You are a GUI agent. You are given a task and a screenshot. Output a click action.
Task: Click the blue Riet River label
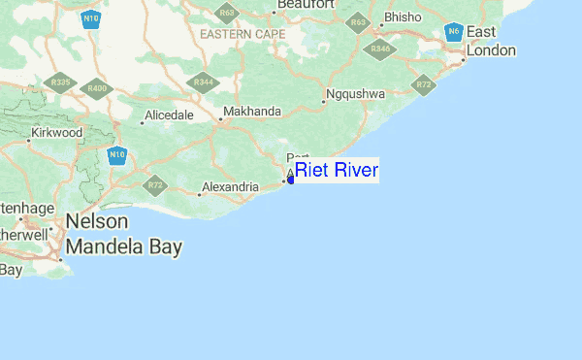(x=336, y=171)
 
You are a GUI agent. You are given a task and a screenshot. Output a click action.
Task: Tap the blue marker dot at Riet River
(x=290, y=179)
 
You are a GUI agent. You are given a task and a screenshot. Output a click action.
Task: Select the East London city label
(x=491, y=41)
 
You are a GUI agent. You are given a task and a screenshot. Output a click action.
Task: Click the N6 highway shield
(x=453, y=32)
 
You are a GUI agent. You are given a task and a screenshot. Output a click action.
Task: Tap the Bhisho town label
(x=403, y=17)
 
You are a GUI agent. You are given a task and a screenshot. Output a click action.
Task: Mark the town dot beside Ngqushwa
(x=324, y=101)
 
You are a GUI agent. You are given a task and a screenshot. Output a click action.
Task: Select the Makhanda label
(x=251, y=112)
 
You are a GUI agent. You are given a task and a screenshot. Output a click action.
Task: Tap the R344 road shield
(x=204, y=82)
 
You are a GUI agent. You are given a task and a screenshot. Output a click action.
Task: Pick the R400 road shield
(x=97, y=88)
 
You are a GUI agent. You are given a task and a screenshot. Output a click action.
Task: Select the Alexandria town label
(x=229, y=186)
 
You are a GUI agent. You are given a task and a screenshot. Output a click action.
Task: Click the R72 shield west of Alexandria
(x=155, y=184)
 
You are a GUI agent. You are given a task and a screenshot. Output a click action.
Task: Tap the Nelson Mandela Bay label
(x=123, y=235)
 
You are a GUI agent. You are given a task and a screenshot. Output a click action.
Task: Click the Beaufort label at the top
(x=306, y=5)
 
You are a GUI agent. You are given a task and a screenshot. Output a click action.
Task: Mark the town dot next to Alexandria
(x=200, y=194)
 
